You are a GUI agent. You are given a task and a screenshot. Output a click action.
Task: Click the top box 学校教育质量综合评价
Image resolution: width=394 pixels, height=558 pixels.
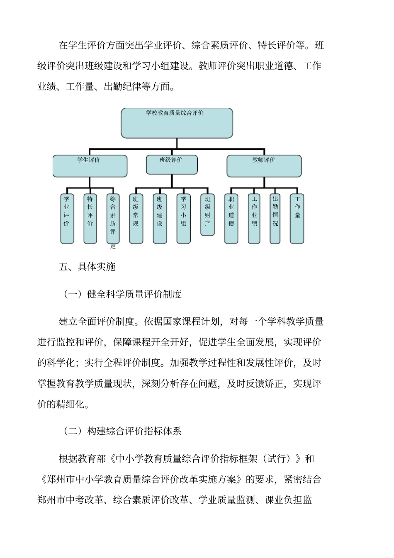coord(177,123)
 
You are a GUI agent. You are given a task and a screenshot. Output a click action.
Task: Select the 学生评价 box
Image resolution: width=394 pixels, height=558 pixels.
coord(90,166)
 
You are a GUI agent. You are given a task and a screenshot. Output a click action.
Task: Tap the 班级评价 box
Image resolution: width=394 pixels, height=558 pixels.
coord(172,165)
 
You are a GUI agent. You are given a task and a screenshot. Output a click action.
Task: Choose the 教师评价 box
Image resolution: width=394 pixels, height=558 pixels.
coord(264,166)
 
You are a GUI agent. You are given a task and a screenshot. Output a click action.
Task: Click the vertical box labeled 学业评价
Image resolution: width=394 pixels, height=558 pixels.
coord(67,218)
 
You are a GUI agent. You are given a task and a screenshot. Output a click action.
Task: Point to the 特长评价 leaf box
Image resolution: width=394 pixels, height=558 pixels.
coord(90,218)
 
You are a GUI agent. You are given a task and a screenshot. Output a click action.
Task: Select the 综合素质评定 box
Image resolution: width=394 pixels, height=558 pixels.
coord(113,218)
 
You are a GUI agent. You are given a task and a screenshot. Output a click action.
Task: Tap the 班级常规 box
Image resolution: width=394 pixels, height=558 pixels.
coord(136,218)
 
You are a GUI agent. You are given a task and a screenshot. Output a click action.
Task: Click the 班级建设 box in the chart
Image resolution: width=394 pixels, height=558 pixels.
coord(160,218)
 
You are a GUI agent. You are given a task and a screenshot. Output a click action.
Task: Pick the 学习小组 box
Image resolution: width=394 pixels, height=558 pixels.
coord(183,218)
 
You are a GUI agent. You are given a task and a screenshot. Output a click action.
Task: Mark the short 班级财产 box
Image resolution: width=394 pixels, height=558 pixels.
coord(207,214)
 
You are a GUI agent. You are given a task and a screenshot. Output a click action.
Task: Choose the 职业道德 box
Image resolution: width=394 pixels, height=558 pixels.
coord(231,218)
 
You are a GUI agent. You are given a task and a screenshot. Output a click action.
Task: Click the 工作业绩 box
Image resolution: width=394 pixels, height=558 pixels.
coord(254,218)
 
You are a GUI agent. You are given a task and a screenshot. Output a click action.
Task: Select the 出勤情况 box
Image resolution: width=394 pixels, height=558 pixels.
coord(275,218)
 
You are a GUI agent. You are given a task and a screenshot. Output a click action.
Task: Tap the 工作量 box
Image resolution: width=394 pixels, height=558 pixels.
coord(297,218)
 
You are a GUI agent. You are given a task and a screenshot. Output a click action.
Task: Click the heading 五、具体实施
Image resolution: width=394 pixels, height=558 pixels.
coord(87,267)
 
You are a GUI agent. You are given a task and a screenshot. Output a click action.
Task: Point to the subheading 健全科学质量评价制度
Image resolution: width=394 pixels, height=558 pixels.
coord(134,295)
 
